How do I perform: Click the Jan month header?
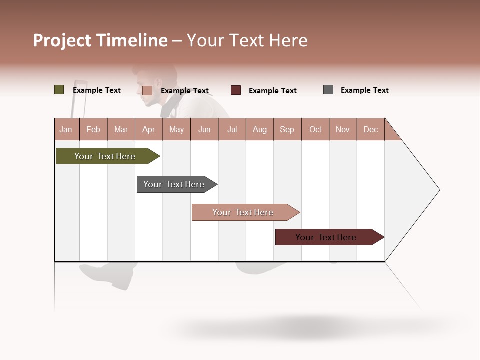click(66, 129)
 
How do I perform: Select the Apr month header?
click(148, 129)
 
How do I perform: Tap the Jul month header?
click(232, 129)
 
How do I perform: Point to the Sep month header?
click(287, 129)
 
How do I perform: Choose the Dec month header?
click(370, 129)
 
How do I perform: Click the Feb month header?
click(93, 129)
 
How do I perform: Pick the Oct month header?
click(315, 129)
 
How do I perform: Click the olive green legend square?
click(59, 90)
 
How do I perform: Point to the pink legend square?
click(147, 90)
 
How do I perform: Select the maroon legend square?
click(236, 90)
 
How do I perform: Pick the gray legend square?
click(328, 90)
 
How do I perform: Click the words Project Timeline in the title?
click(100, 40)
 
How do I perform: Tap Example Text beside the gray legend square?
click(364, 90)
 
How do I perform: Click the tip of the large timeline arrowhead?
click(439, 190)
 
